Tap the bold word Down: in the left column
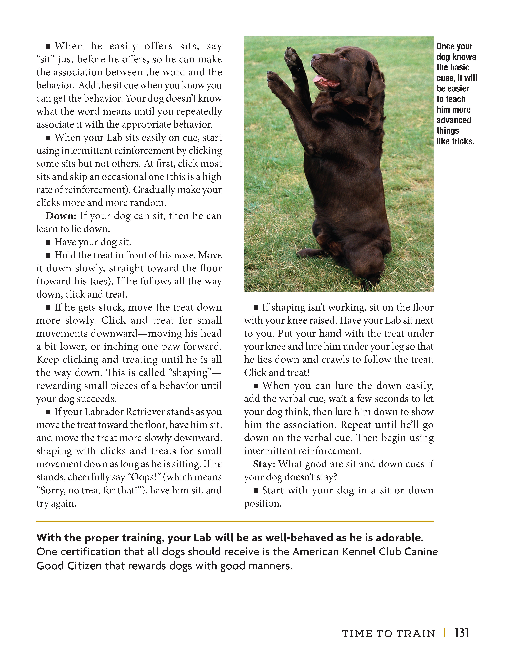[x=61, y=216]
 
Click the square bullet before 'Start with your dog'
[x=256, y=491]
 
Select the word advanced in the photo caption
[x=454, y=120]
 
